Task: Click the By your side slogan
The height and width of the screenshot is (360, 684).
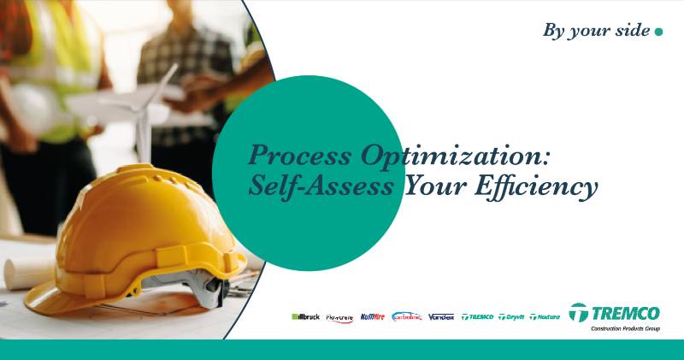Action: (x=595, y=31)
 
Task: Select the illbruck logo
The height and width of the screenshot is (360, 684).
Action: (x=305, y=316)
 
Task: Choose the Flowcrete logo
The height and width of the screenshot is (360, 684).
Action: (x=339, y=317)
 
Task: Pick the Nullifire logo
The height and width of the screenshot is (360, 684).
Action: (x=373, y=316)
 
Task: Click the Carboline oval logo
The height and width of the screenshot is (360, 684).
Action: (x=407, y=316)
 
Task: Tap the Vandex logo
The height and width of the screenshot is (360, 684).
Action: (x=441, y=316)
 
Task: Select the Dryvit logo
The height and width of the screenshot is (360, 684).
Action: (x=511, y=316)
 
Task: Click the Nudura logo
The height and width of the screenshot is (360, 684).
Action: (x=545, y=316)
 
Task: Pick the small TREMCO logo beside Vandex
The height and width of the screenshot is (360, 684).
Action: (x=477, y=316)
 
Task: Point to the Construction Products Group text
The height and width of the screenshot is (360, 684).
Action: (x=625, y=328)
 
